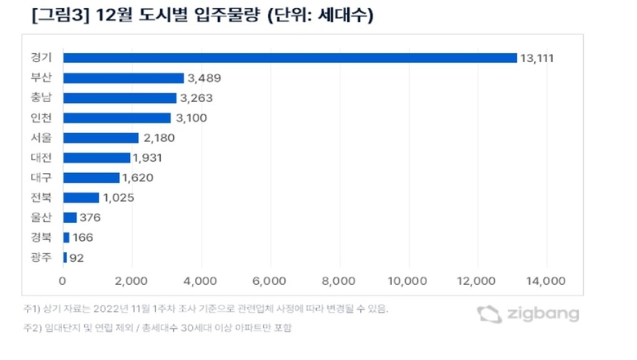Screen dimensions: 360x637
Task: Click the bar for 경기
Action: [x=290, y=58]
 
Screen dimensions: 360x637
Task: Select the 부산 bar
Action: [x=123, y=78]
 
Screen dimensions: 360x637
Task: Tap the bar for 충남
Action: [x=119, y=98]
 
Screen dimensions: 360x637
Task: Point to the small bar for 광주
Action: [x=65, y=258]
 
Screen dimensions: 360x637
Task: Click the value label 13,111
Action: [x=542, y=58]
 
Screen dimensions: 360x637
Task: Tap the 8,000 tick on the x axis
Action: [x=336, y=282]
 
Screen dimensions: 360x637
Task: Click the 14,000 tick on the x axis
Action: [x=543, y=282]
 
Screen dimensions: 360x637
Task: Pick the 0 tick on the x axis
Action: [x=62, y=282]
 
